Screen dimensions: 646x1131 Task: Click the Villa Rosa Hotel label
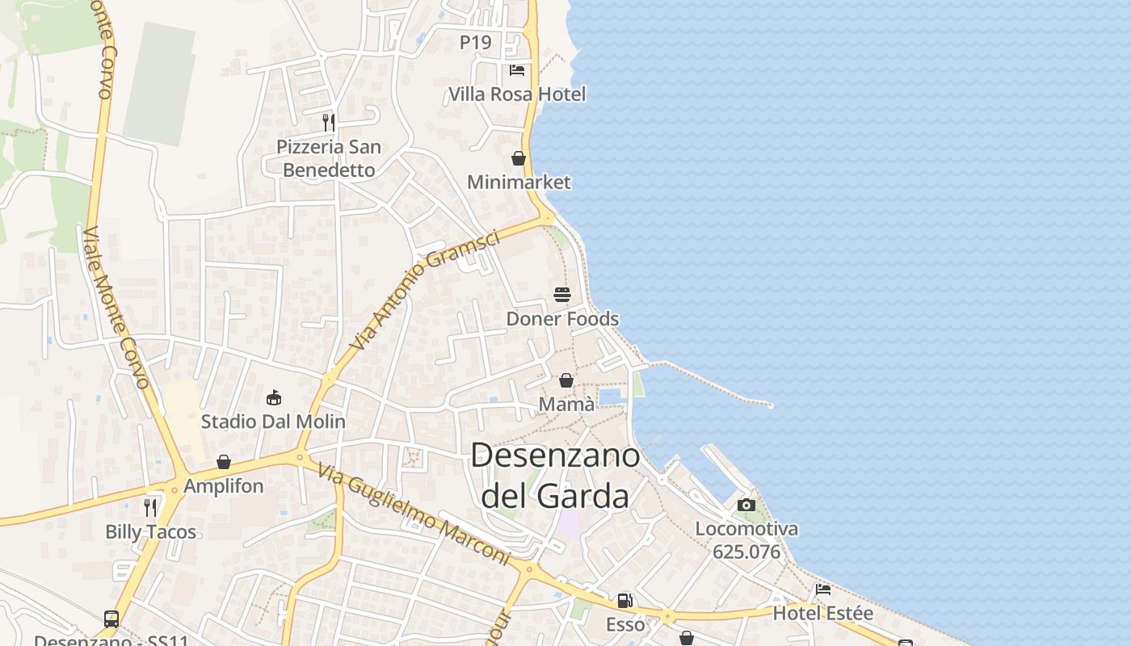point(517,94)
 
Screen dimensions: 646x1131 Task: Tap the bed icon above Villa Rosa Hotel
point(517,70)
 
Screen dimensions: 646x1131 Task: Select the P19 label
point(476,43)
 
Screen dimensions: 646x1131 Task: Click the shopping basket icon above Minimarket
point(519,158)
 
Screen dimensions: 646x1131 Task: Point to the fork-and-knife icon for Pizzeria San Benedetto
point(329,123)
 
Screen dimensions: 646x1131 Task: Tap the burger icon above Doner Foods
point(562,295)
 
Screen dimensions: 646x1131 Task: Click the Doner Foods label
point(562,319)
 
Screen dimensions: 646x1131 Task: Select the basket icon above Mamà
point(566,380)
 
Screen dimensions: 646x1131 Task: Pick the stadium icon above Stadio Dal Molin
point(274,397)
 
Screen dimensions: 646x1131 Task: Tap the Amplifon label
point(224,486)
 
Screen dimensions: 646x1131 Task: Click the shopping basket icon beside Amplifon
point(224,462)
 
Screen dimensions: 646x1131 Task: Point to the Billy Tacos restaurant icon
point(150,507)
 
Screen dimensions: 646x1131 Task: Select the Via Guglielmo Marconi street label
point(413,514)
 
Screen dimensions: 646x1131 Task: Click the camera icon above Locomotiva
point(746,505)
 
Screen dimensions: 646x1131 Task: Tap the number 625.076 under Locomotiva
point(746,552)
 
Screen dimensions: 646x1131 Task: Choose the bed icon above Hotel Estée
point(823,589)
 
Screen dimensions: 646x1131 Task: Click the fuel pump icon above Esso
point(624,601)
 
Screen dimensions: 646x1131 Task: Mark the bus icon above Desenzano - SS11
point(111,619)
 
